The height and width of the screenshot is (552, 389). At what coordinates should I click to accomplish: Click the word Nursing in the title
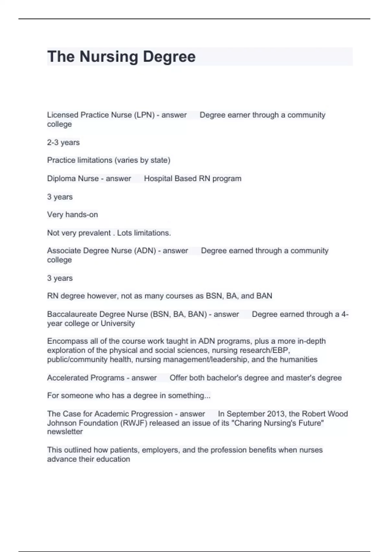(109, 57)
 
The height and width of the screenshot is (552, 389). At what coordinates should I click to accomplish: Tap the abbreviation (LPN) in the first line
(144, 115)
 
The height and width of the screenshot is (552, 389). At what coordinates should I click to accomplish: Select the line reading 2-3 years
(63, 143)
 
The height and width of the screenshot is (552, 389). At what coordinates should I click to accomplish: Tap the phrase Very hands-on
(72, 215)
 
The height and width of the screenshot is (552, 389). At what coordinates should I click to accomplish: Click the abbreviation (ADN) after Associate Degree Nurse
(146, 251)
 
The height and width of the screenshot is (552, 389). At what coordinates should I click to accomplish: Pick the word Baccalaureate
(72, 314)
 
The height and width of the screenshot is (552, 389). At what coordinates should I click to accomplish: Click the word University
(118, 323)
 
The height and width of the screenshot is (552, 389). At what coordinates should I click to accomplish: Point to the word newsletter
(65, 432)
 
